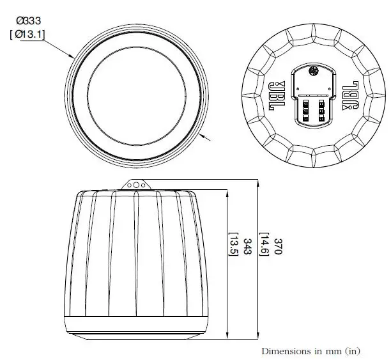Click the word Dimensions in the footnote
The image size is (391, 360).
tap(284, 351)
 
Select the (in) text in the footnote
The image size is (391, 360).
tap(353, 351)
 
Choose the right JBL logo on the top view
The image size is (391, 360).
tap(349, 94)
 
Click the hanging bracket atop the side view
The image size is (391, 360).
tap(135, 184)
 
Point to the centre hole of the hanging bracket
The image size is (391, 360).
tap(135, 185)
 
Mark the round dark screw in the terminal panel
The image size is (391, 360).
tap(313, 72)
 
